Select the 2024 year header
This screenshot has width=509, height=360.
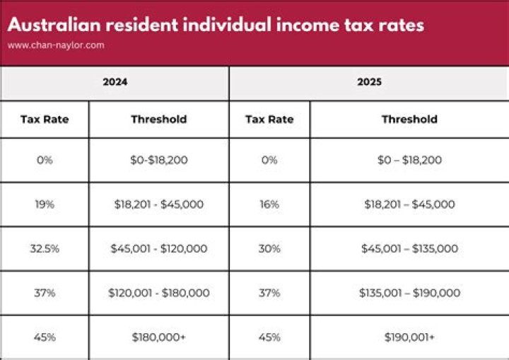[115, 82]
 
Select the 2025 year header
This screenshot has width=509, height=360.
[369, 82]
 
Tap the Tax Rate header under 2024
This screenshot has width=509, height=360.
[45, 119]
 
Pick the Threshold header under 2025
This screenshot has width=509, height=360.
[409, 119]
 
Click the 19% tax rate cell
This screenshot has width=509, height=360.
[45, 204]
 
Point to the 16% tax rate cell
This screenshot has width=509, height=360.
[269, 204]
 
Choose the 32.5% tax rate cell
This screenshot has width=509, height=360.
[45, 248]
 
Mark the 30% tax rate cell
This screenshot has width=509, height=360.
[269, 248]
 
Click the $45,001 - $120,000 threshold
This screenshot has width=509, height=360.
[159, 248]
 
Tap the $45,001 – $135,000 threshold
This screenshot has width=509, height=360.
[409, 248]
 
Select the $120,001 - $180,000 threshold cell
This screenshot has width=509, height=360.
[159, 293]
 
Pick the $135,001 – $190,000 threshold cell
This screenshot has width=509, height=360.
[409, 293]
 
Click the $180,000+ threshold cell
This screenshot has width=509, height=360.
[159, 337]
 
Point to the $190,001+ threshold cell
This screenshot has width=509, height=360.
[409, 337]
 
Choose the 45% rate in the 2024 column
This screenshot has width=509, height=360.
[45, 337]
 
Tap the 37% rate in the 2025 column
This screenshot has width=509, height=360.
[269, 293]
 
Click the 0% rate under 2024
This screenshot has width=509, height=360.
[45, 160]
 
